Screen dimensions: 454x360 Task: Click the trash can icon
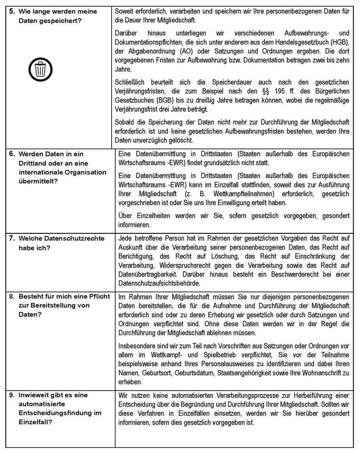[40, 69]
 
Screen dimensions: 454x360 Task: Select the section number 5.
[12, 11]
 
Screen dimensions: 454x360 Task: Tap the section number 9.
[12, 395]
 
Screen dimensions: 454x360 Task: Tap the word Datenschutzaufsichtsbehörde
[161, 284]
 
